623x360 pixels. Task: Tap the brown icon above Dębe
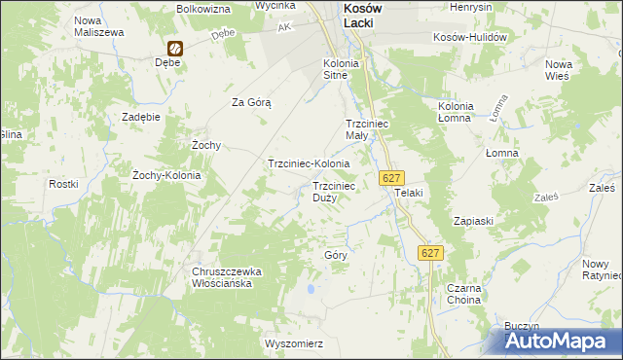click(x=175, y=48)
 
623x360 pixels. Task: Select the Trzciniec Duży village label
click(x=340, y=191)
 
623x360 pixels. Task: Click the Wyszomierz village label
click(x=293, y=343)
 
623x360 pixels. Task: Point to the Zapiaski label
click(x=473, y=221)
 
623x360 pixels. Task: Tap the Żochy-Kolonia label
click(x=166, y=175)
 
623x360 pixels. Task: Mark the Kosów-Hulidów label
click(x=471, y=37)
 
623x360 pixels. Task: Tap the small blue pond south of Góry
click(x=311, y=289)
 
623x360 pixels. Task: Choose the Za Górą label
click(x=251, y=101)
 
